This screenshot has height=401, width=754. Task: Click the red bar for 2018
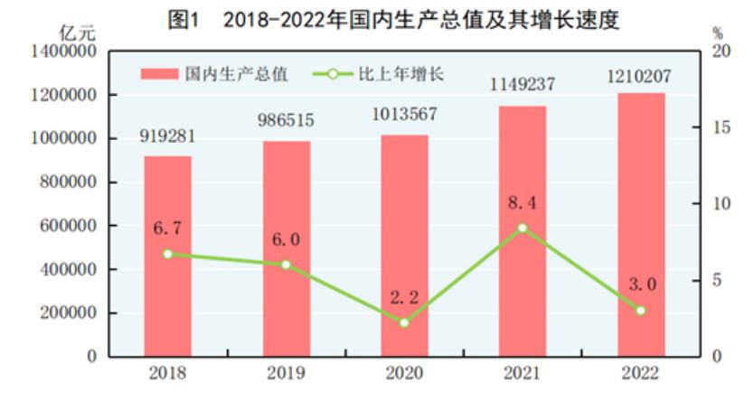coord(167,256)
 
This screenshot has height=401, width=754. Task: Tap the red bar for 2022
coord(641,225)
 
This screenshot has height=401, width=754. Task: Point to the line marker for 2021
coord(523,228)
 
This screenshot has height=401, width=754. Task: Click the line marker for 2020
coord(404,322)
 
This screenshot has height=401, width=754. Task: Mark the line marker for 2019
coord(286,265)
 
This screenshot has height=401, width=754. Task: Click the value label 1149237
coord(523,86)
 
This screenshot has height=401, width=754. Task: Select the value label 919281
coord(167,136)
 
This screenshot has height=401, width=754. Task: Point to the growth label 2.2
coord(404,297)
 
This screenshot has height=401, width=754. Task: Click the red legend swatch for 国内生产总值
coord(158,74)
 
